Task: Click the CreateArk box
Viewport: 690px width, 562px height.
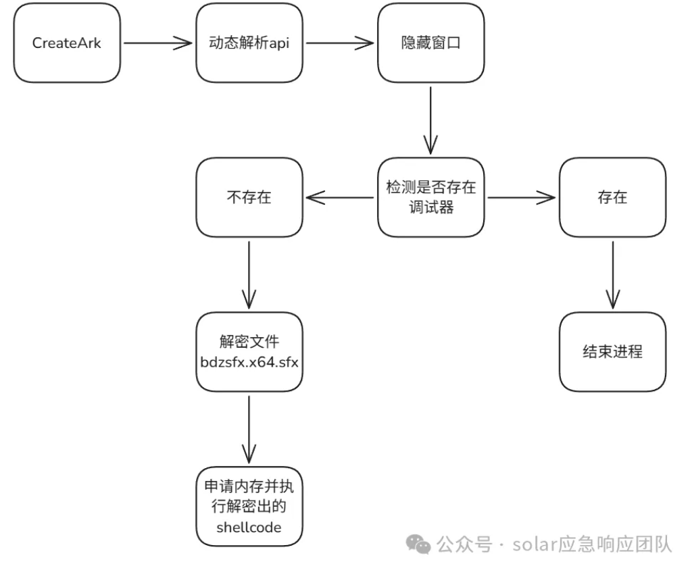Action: click(x=66, y=43)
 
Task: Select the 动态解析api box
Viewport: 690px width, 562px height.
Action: click(x=250, y=43)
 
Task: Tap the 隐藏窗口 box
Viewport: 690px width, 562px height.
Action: click(x=430, y=43)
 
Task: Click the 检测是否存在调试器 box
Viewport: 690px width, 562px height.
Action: click(x=430, y=197)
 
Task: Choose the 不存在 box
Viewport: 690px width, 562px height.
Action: click(x=250, y=197)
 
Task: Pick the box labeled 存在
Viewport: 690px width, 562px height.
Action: click(x=612, y=197)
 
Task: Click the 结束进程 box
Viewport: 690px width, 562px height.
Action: click(x=612, y=351)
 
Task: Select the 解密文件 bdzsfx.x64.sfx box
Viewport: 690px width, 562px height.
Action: click(x=250, y=351)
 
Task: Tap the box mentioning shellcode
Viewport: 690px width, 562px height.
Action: click(x=250, y=507)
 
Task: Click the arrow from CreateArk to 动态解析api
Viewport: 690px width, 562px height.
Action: click(x=158, y=43)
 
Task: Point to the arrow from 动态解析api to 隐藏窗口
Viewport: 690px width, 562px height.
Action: click(x=339, y=43)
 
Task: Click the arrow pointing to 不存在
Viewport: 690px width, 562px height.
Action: click(x=339, y=197)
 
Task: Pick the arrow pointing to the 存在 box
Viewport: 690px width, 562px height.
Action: click(x=522, y=197)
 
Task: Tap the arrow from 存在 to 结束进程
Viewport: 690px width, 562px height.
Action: click(x=612, y=274)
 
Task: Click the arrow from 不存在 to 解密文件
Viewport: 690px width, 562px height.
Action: click(x=250, y=274)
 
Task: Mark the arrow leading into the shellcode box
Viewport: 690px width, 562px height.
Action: click(x=250, y=428)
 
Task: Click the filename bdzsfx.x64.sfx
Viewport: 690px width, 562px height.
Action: click(x=250, y=361)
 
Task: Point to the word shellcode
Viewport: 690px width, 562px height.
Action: click(x=249, y=527)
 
